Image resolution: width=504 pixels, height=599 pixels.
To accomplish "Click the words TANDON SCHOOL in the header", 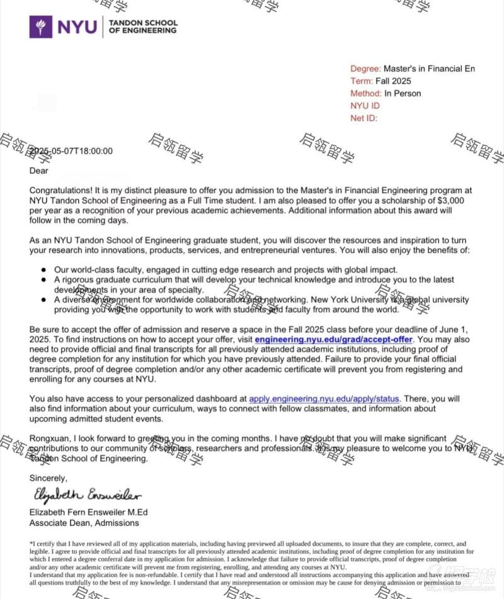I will pyautogui.click(x=143, y=23).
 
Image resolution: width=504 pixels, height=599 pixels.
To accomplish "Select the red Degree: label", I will pyautogui.click(x=365, y=69).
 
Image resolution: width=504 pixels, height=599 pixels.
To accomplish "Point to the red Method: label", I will pyautogui.click(x=365, y=93).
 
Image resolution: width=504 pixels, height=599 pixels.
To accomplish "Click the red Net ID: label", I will pyautogui.click(x=364, y=118).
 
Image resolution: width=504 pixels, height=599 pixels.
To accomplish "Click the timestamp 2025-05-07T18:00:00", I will pyautogui.click(x=71, y=151).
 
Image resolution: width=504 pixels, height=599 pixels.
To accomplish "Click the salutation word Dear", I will pyautogui.click(x=39, y=171).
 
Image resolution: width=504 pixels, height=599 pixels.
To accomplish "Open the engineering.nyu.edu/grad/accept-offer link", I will pyautogui.click(x=333, y=340).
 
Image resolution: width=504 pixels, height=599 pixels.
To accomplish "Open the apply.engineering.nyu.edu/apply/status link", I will pyautogui.click(x=324, y=399).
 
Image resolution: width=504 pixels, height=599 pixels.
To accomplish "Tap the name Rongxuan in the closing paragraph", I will pyautogui.click(x=49, y=439).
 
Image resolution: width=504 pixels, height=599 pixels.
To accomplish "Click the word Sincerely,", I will pyautogui.click(x=48, y=478).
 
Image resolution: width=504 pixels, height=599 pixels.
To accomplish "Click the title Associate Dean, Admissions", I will pyautogui.click(x=84, y=523).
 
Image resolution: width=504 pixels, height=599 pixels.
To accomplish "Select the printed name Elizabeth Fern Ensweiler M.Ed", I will pyautogui.click(x=89, y=512).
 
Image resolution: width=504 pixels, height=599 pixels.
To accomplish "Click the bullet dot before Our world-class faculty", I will pyautogui.click(x=43, y=269).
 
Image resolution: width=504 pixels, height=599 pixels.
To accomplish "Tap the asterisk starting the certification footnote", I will pyautogui.click(x=31, y=542).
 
